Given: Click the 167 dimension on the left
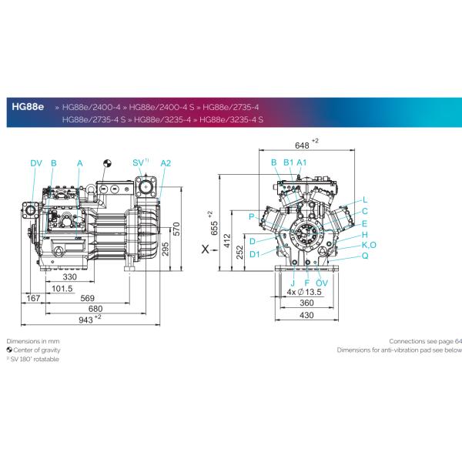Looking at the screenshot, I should click(x=33, y=298).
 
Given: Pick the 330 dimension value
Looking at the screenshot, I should click(x=69, y=277).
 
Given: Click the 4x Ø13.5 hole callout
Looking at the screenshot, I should click(x=303, y=293).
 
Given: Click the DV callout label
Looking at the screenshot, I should click(x=36, y=163).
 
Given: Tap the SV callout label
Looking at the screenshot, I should click(x=138, y=163).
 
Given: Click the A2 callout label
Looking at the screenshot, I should click(x=166, y=163).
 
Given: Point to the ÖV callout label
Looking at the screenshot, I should click(x=322, y=283).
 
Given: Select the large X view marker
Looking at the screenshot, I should click(x=204, y=249).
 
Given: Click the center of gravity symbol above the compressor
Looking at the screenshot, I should click(x=109, y=163).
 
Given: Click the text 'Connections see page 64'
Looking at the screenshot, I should click(x=425, y=340).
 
